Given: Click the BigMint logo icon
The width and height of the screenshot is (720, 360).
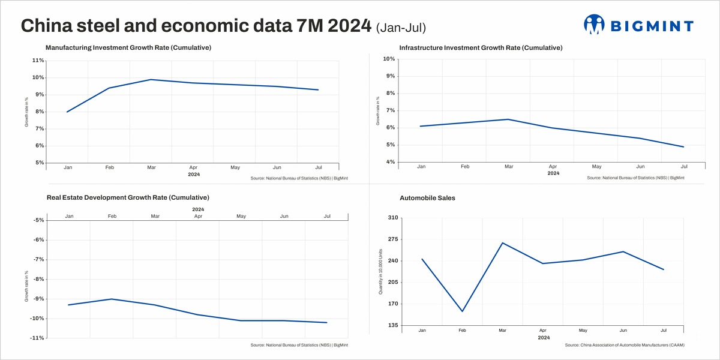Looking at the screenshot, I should click(x=594, y=25).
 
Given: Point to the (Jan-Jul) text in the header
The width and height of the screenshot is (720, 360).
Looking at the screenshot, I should click(x=401, y=27).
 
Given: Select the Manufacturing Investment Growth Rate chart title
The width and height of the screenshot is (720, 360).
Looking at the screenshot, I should click(x=128, y=47).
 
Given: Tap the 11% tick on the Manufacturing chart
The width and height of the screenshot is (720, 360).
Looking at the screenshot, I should click(x=37, y=61).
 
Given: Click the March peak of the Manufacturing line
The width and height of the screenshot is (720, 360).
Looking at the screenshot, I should click(x=151, y=79).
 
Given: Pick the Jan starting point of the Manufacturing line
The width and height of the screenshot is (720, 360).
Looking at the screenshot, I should click(x=67, y=112).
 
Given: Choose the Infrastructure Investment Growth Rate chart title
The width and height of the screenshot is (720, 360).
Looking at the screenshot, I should click(x=481, y=47).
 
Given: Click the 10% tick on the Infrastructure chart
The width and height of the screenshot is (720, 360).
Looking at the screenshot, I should click(x=388, y=59).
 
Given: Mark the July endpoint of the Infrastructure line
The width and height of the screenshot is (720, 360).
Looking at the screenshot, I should click(x=683, y=147).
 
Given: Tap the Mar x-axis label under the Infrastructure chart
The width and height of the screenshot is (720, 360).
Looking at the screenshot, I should click(x=509, y=166).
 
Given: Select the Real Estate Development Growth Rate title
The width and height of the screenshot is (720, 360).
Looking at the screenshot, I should click(x=128, y=197).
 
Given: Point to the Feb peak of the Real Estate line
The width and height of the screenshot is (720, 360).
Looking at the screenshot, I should click(x=112, y=299).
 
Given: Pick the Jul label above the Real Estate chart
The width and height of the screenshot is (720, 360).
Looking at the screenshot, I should click(x=327, y=216).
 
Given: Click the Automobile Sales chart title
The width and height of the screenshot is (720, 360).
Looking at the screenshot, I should click(x=427, y=197).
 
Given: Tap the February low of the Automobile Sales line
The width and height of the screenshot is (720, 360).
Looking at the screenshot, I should click(x=462, y=311).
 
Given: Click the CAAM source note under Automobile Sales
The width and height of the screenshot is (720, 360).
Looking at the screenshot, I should click(x=624, y=345).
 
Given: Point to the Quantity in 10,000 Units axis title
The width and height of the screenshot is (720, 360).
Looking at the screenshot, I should click(x=380, y=272).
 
